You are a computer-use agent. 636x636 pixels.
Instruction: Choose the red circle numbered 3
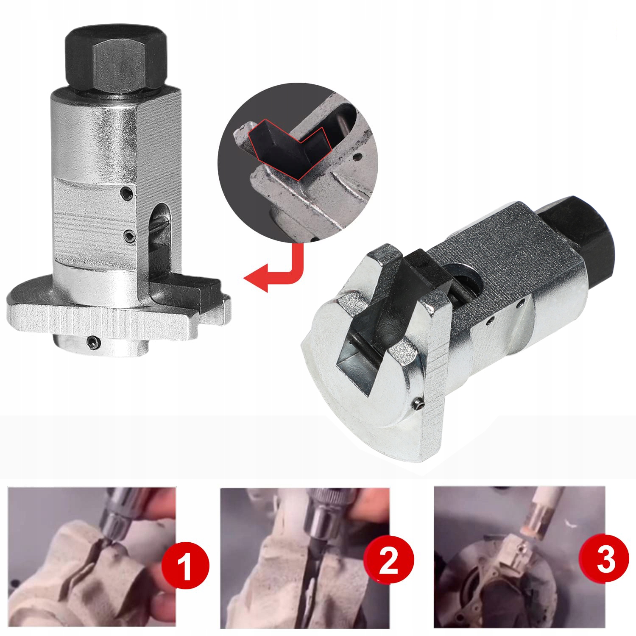[x=606, y=559]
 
